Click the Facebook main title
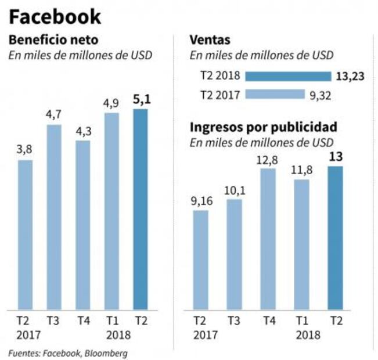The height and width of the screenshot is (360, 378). [55, 16]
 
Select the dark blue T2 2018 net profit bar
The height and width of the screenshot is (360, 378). [141, 209]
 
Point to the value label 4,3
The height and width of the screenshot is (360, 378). [83, 130]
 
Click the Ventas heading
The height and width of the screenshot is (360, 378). [210, 41]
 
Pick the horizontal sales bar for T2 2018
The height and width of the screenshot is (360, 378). [288, 77]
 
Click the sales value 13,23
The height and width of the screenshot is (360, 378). [350, 77]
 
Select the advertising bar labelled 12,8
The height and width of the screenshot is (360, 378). [268, 238]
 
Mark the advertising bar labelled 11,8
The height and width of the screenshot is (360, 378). [301, 244]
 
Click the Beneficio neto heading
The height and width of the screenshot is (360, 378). [52, 41]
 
